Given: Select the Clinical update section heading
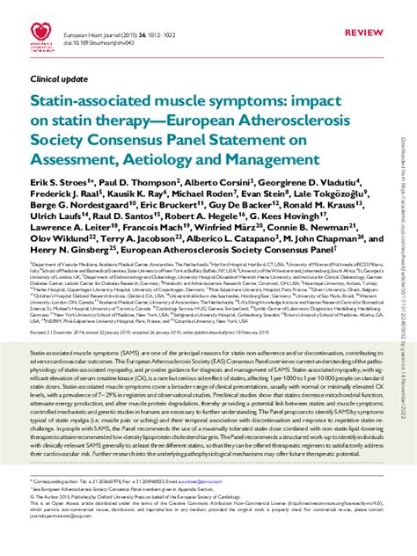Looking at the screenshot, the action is (x=58, y=78).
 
